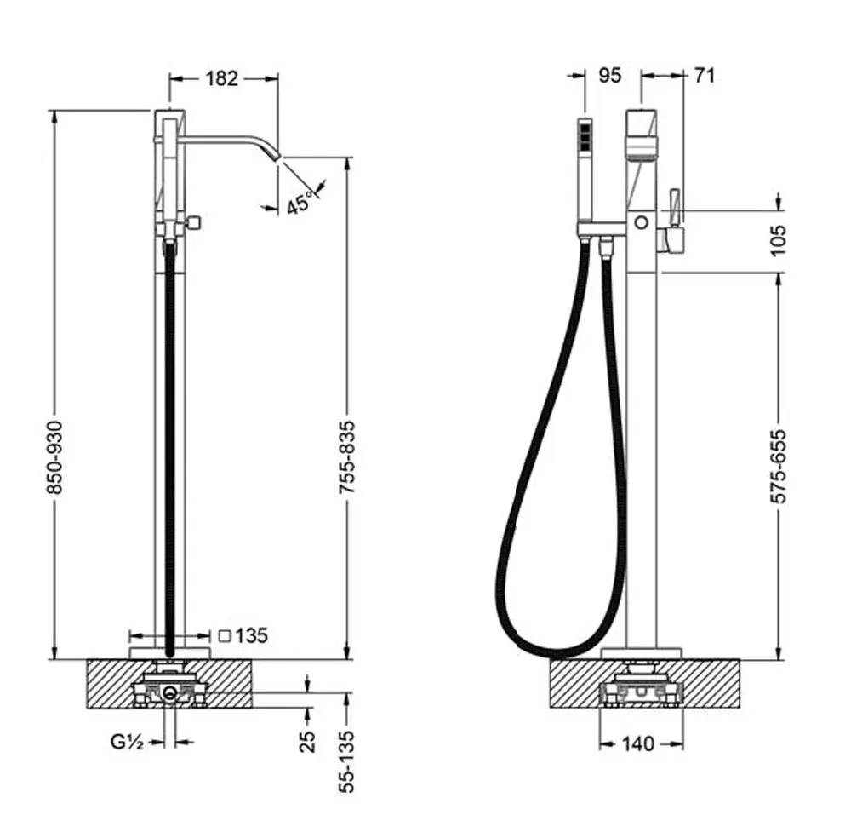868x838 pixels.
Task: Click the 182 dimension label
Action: pyautogui.click(x=222, y=78)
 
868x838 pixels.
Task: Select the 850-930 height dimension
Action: pyautogui.click(x=54, y=457)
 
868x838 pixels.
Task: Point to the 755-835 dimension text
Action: pyautogui.click(x=347, y=457)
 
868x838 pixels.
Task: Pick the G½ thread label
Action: pyautogui.click(x=128, y=741)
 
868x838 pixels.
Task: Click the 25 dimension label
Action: pyautogui.click(x=308, y=741)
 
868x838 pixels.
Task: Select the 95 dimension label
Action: pyautogui.click(x=610, y=75)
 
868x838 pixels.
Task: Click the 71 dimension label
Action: pyautogui.click(x=704, y=75)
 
